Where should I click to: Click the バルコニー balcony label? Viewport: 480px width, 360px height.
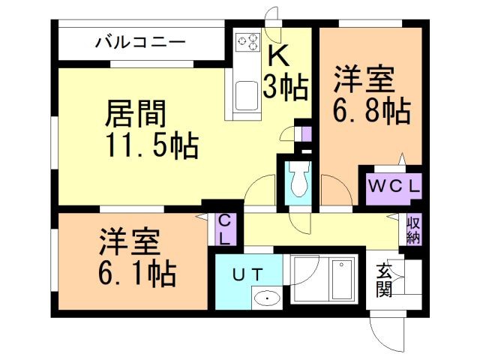coord(140,43)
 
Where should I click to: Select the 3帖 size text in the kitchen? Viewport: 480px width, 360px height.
coord(285,87)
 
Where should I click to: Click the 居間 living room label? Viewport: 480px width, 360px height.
coord(135,115)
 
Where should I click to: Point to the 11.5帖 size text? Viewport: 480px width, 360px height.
coord(150,144)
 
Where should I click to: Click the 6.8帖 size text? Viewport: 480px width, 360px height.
coord(371,112)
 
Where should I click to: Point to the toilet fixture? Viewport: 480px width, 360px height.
coord(298,180)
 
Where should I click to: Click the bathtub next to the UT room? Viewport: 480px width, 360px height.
coord(324,280)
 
